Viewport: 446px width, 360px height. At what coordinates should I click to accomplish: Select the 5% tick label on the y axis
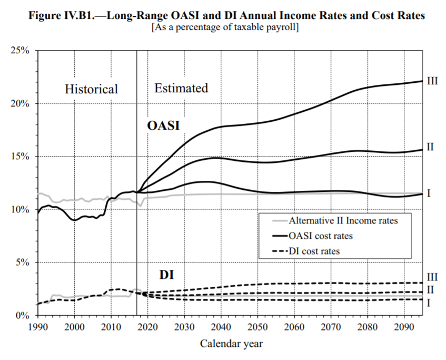(22, 262)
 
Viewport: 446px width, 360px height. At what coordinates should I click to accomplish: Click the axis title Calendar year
(231, 344)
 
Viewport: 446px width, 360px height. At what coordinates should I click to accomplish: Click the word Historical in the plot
(91, 89)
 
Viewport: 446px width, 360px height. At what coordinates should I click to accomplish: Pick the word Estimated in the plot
(181, 88)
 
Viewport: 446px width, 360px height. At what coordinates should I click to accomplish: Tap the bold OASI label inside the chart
(163, 125)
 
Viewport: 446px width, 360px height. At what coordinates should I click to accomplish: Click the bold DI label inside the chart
(166, 275)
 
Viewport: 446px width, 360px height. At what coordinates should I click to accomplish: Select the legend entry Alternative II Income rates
(342, 221)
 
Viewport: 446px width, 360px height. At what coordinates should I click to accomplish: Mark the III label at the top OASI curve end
(432, 81)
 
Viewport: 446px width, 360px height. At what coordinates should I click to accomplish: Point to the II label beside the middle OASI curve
(430, 147)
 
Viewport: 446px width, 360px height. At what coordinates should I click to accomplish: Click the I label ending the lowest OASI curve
(429, 193)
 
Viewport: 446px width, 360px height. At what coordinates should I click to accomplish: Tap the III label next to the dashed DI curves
(432, 277)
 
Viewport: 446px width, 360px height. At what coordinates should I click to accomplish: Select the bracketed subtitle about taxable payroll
(225, 28)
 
